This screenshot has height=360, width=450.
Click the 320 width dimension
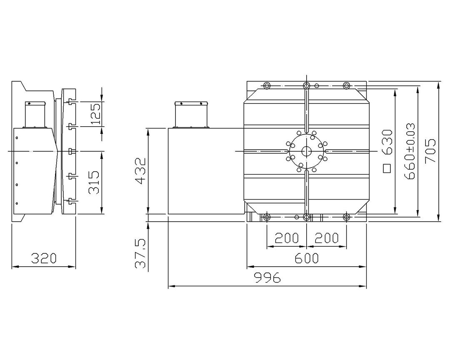point(44,258)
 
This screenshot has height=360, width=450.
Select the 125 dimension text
point(96,114)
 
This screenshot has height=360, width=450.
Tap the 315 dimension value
point(94,182)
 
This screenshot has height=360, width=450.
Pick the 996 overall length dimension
point(267,277)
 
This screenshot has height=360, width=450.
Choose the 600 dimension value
point(307,258)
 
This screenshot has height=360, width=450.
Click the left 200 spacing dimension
point(287,238)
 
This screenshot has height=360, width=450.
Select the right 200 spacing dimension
point(327,238)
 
